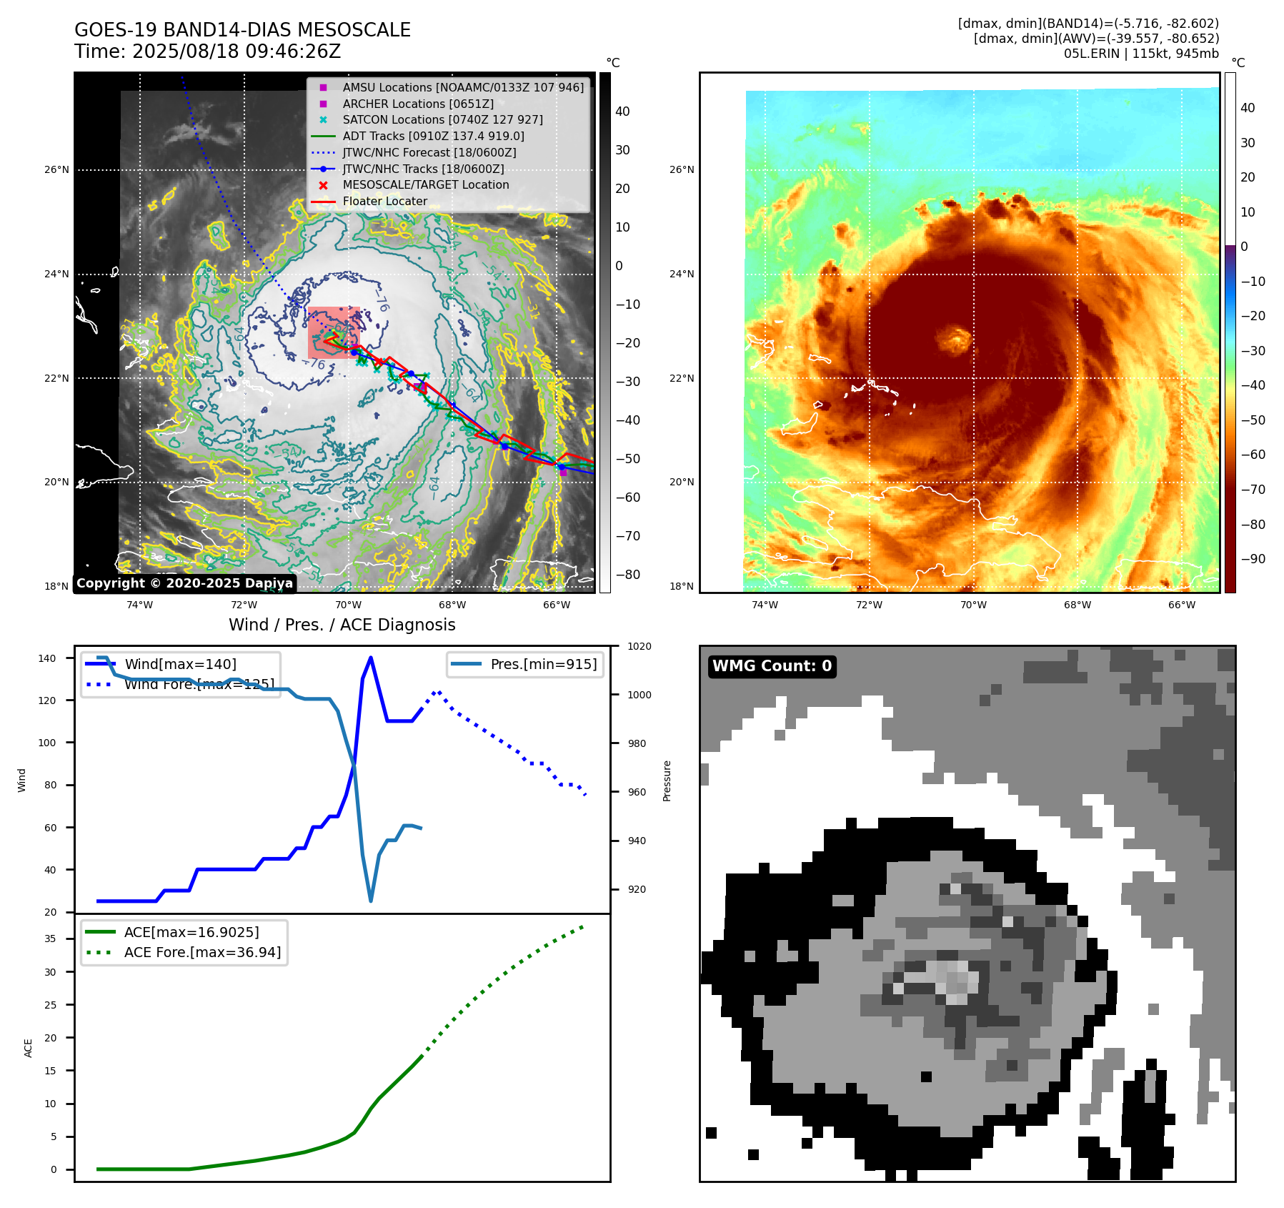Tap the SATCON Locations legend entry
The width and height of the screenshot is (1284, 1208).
(442, 120)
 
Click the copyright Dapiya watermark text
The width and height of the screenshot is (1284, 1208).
(184, 583)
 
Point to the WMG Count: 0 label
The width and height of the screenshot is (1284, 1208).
(772, 666)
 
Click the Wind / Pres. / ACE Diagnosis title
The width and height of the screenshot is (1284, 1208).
(342, 625)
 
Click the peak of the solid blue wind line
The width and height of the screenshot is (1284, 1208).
(370, 658)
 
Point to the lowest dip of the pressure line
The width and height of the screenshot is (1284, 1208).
(371, 901)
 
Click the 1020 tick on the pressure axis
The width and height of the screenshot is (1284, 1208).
(639, 646)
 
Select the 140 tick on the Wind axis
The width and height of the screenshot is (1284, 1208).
(47, 658)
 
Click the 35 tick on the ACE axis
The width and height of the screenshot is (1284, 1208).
(50, 939)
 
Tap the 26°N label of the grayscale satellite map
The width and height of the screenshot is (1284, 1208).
(56, 170)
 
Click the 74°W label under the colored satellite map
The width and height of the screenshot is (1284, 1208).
(765, 605)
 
